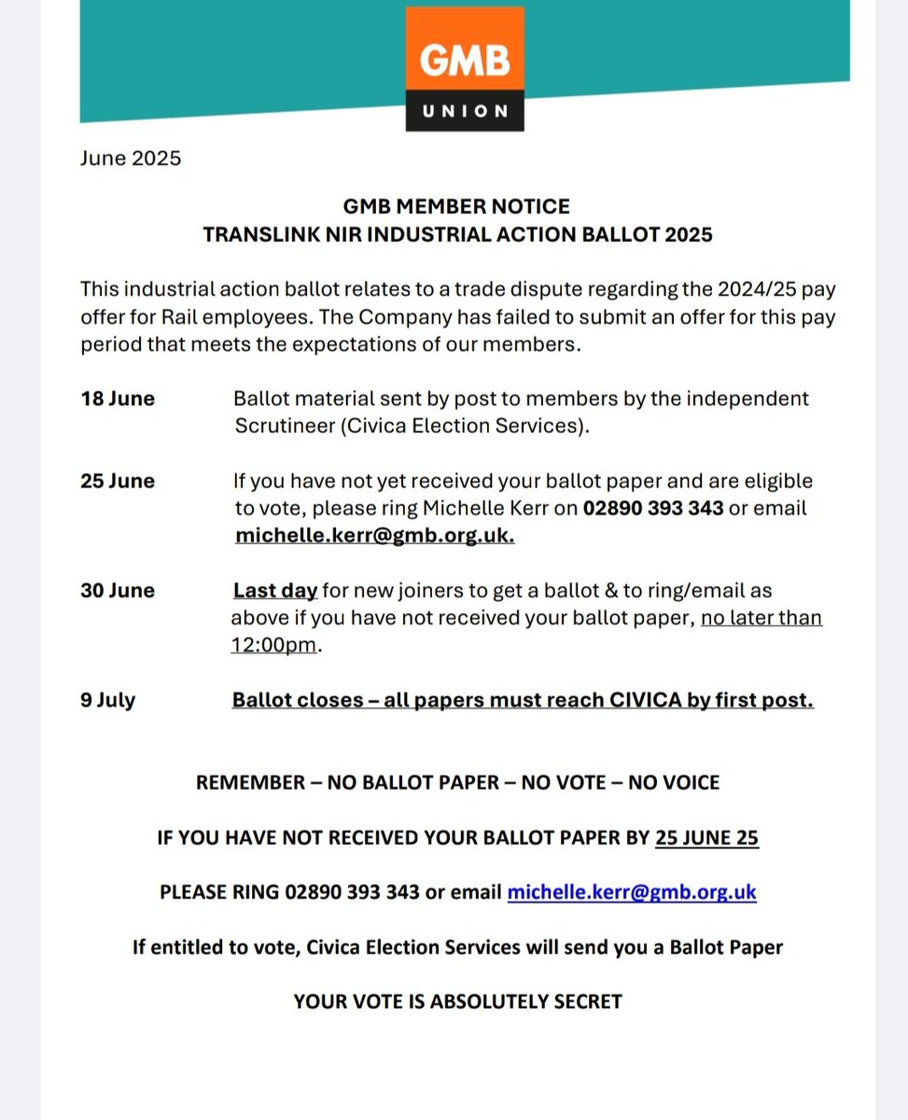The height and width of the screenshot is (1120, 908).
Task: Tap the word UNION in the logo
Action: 465,111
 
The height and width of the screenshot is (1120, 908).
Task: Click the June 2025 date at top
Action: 131,158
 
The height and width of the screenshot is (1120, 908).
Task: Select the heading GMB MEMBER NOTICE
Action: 457,205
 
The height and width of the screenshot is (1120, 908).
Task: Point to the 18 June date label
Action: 118,399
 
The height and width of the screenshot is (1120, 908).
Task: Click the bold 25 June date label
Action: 118,481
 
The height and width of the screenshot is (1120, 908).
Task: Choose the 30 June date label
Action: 118,591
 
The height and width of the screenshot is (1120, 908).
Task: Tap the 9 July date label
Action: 108,699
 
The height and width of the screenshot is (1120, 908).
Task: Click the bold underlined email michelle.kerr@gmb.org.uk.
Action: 374,536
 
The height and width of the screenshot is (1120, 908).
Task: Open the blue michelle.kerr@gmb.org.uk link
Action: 631,891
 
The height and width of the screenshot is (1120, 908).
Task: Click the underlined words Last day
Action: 275,591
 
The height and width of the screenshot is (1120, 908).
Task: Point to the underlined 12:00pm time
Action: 274,646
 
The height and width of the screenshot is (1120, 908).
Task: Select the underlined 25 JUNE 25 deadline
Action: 706,837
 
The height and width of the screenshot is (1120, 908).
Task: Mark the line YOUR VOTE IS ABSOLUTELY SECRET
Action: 457,1001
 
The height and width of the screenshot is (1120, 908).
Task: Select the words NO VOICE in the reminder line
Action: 673,782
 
